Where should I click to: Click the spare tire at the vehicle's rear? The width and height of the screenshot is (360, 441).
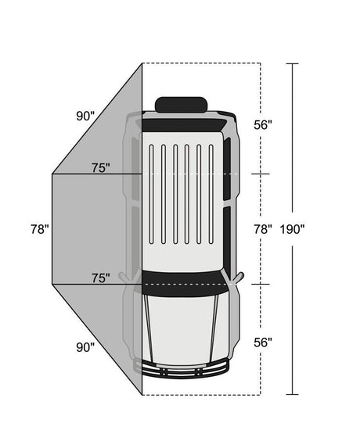coord(182,105)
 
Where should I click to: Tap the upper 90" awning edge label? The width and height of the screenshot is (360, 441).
coord(85,116)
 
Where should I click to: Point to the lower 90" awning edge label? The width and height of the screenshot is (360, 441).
coord(85,346)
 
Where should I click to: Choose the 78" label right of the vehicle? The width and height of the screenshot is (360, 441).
coord(263,229)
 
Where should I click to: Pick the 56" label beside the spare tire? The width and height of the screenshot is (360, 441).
coord(263,124)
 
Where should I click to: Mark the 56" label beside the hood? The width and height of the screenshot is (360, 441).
coord(263,342)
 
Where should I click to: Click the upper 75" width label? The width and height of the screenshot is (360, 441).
coord(100,167)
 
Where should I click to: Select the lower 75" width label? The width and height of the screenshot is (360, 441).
coord(100,278)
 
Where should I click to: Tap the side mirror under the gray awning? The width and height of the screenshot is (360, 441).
coord(125,277)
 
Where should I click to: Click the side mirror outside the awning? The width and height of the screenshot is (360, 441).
coord(239,277)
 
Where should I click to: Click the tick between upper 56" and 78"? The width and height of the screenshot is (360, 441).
coord(260,174)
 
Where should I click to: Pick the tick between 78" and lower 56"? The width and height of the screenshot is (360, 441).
coord(260,284)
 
